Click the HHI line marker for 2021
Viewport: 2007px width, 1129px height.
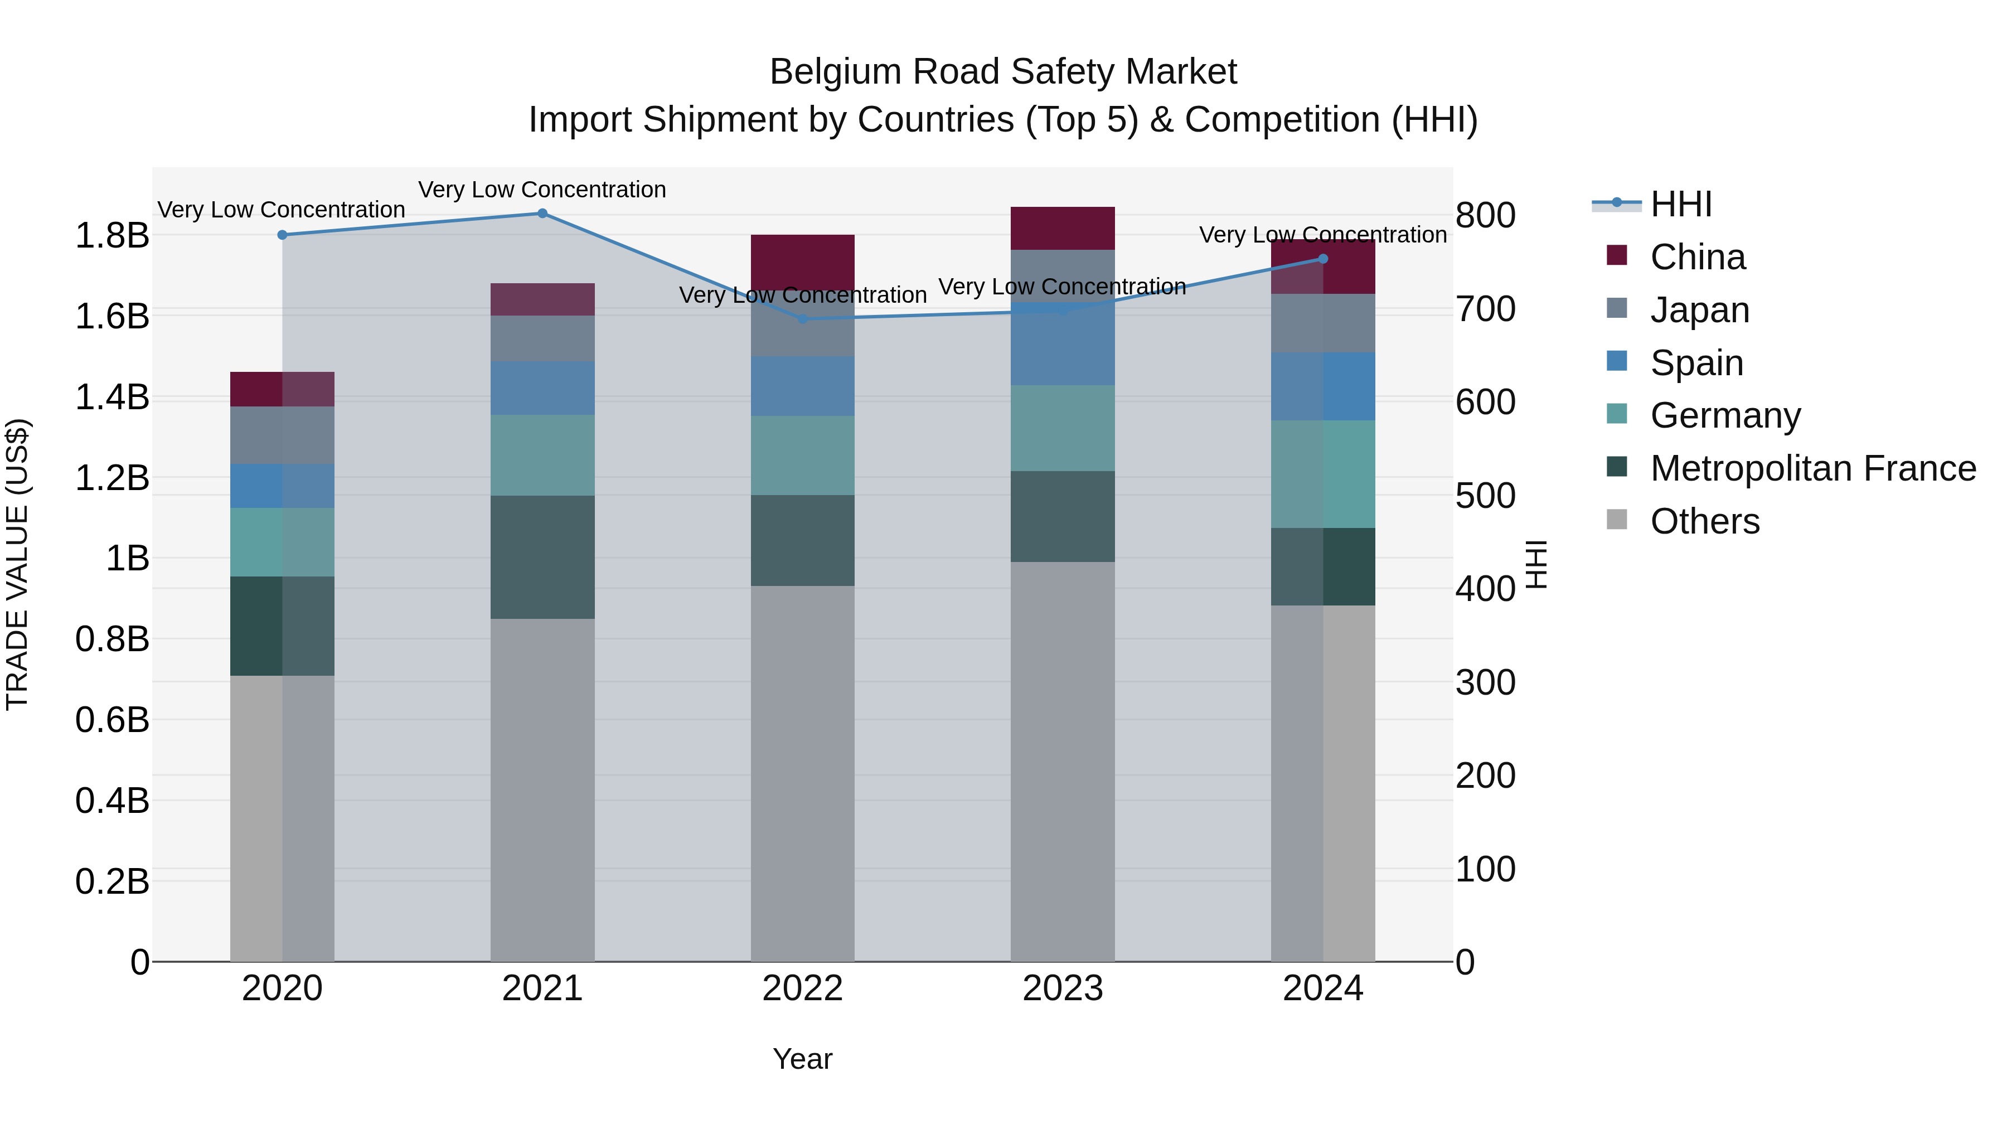(x=542, y=214)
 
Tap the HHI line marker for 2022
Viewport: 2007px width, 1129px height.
(x=802, y=319)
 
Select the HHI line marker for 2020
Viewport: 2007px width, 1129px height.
(x=282, y=235)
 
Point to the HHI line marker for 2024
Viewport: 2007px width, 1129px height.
(x=1323, y=259)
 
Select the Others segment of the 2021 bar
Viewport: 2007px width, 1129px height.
(x=542, y=790)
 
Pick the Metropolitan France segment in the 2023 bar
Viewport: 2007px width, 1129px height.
(x=1063, y=517)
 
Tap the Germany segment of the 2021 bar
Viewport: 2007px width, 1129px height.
(x=542, y=455)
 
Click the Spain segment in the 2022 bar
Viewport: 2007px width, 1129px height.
(x=802, y=386)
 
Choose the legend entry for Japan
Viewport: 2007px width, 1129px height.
(x=1699, y=310)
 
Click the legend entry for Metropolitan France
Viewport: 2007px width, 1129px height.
(x=1812, y=468)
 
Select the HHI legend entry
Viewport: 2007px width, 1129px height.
(x=1680, y=204)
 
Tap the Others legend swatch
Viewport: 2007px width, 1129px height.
(x=1617, y=520)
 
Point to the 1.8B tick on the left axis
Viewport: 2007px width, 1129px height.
(x=111, y=235)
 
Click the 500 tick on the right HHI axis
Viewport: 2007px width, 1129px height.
(x=1486, y=496)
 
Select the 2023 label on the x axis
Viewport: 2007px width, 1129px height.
(x=1063, y=989)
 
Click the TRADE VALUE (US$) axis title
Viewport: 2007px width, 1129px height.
(x=17, y=564)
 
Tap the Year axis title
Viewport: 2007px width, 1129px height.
(x=802, y=1059)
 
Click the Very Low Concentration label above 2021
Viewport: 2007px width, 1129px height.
(x=542, y=190)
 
